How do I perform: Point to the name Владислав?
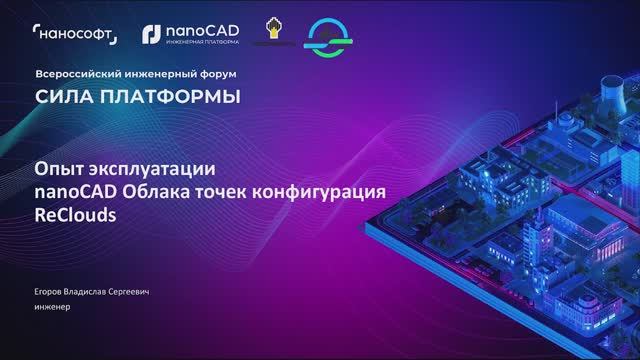coord(93,291)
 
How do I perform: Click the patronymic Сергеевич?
coord(144,291)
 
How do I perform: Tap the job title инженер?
coord(52,307)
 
